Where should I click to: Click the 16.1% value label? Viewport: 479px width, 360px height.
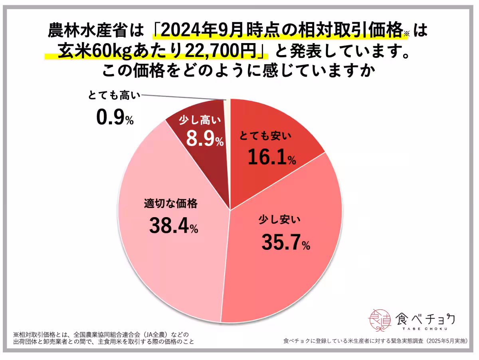tap(271, 157)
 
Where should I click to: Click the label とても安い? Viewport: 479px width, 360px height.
tap(265, 137)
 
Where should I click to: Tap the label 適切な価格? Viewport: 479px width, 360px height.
tap(170, 204)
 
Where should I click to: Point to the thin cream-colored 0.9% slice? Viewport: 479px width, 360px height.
tap(228, 116)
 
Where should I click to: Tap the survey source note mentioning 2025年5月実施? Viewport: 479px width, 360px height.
tap(375, 341)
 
